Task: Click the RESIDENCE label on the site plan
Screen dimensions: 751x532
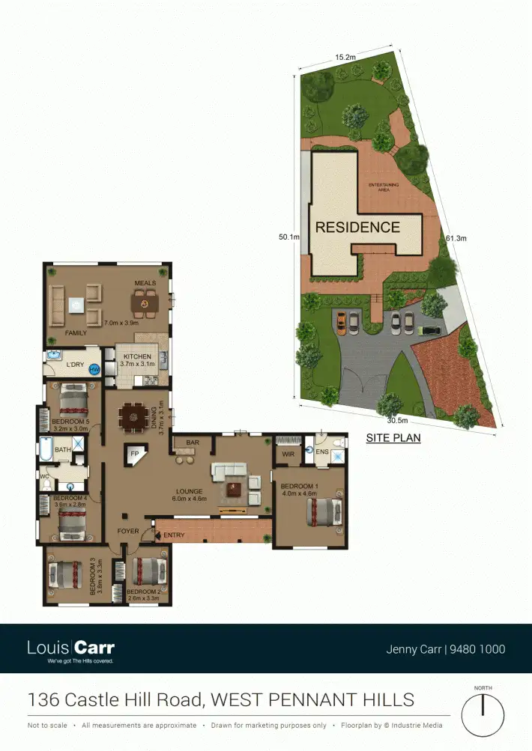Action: click(x=357, y=227)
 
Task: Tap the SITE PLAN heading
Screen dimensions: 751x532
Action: click(x=393, y=438)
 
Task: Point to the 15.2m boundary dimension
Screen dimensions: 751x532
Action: click(x=345, y=56)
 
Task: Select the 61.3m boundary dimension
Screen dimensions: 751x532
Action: click(x=456, y=238)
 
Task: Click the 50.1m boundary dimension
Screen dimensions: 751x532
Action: click(x=289, y=237)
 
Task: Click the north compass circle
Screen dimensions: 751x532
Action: click(x=483, y=715)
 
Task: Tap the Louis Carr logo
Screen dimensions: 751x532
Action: click(x=70, y=648)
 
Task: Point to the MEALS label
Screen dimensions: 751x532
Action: click(x=145, y=283)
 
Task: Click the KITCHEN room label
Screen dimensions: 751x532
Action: click(x=137, y=356)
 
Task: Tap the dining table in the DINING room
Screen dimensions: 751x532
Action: click(x=135, y=416)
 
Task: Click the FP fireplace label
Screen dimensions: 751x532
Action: click(x=136, y=454)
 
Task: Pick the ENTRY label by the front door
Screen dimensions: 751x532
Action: click(x=173, y=535)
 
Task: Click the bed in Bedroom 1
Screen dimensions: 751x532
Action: click(x=323, y=513)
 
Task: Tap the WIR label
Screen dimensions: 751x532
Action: click(x=288, y=454)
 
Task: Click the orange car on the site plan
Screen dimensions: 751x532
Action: click(x=342, y=322)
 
